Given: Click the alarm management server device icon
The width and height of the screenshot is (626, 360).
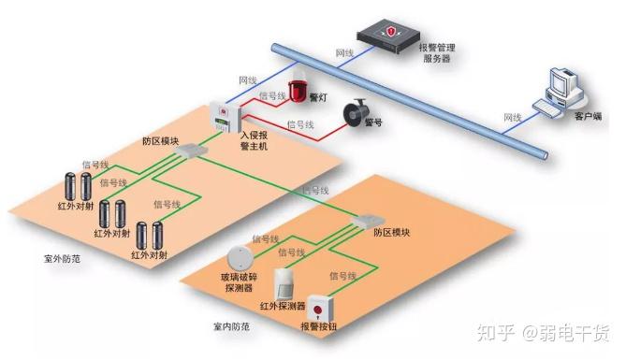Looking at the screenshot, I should point(388,34).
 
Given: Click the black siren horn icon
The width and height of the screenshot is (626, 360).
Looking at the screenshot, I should point(355,114).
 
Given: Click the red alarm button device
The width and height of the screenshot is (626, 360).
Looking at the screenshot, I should point(320,311).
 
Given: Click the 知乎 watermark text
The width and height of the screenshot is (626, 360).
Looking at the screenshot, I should point(493,331).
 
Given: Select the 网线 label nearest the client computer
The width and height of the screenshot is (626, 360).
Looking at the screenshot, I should point(513,118).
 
